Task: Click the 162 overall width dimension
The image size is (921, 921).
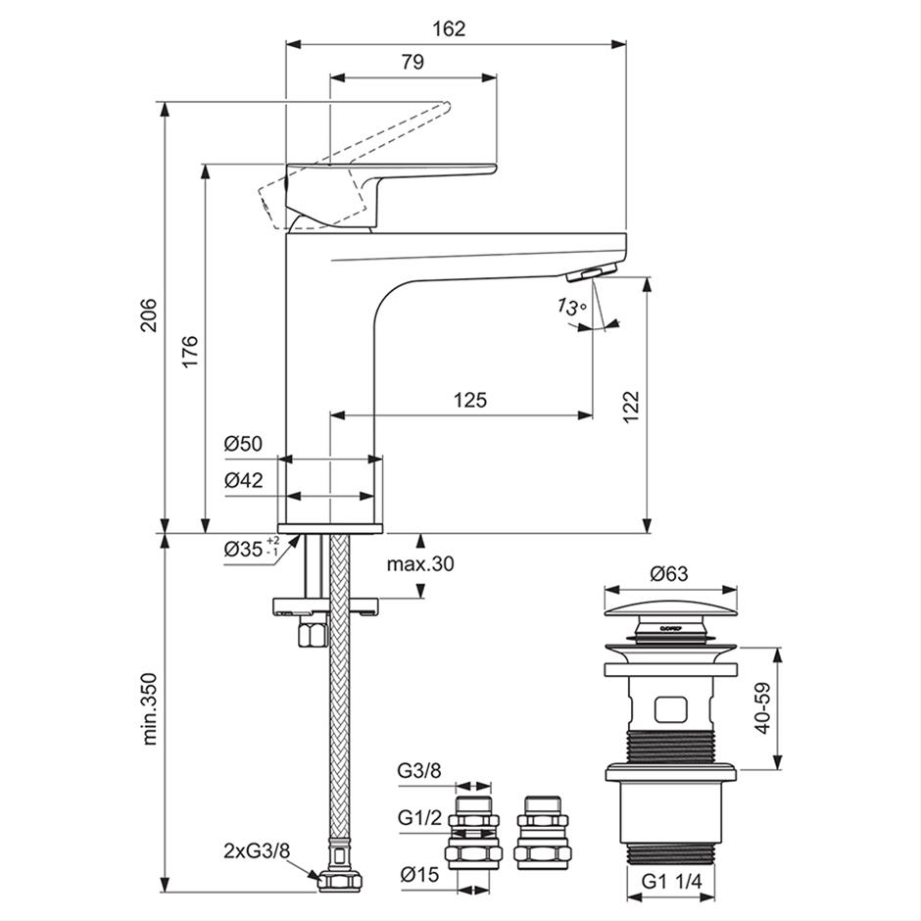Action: click(x=449, y=28)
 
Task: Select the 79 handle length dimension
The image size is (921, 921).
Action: click(x=412, y=62)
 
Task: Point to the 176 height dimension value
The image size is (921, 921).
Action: click(x=189, y=350)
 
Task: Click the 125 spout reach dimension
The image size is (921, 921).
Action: click(x=470, y=400)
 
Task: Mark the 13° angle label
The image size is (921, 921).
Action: click(x=571, y=308)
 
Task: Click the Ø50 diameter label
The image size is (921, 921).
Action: click(x=243, y=444)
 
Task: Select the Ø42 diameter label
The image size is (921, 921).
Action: click(x=243, y=480)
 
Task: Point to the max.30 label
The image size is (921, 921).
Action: click(x=419, y=563)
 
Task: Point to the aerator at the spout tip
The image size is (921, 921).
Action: click(x=596, y=272)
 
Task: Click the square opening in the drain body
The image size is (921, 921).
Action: click(x=670, y=707)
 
